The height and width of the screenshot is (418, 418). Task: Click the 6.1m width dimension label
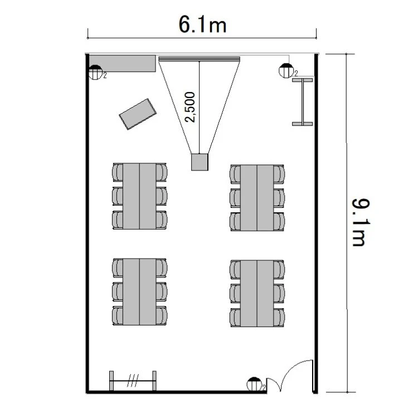[x=202, y=25]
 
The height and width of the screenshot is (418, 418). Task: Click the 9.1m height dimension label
[x=361, y=222]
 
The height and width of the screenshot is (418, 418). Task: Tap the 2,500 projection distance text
[x=190, y=107]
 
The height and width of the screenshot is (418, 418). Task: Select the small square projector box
[x=200, y=162]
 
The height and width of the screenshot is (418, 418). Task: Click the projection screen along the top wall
[x=200, y=59]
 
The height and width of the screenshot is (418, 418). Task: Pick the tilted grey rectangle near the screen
[x=138, y=114]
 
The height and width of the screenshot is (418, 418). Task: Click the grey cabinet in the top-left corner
[x=123, y=64]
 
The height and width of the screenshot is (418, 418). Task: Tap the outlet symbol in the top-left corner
[x=95, y=72]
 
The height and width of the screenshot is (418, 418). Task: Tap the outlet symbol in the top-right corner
[x=286, y=71]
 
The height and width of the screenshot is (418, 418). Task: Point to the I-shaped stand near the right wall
[x=303, y=102]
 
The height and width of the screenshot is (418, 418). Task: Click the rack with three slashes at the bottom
[x=133, y=381]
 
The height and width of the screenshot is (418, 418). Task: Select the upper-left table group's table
[x=139, y=196]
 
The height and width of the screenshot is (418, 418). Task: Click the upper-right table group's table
[x=257, y=197]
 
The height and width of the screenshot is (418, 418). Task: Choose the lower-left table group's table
[x=139, y=291]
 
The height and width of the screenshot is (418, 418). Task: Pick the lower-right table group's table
[x=257, y=294]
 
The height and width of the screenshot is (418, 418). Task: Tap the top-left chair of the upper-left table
[x=118, y=172]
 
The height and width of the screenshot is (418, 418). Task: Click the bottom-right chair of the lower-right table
[x=279, y=318]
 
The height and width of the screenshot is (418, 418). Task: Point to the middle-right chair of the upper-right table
[x=279, y=198]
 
